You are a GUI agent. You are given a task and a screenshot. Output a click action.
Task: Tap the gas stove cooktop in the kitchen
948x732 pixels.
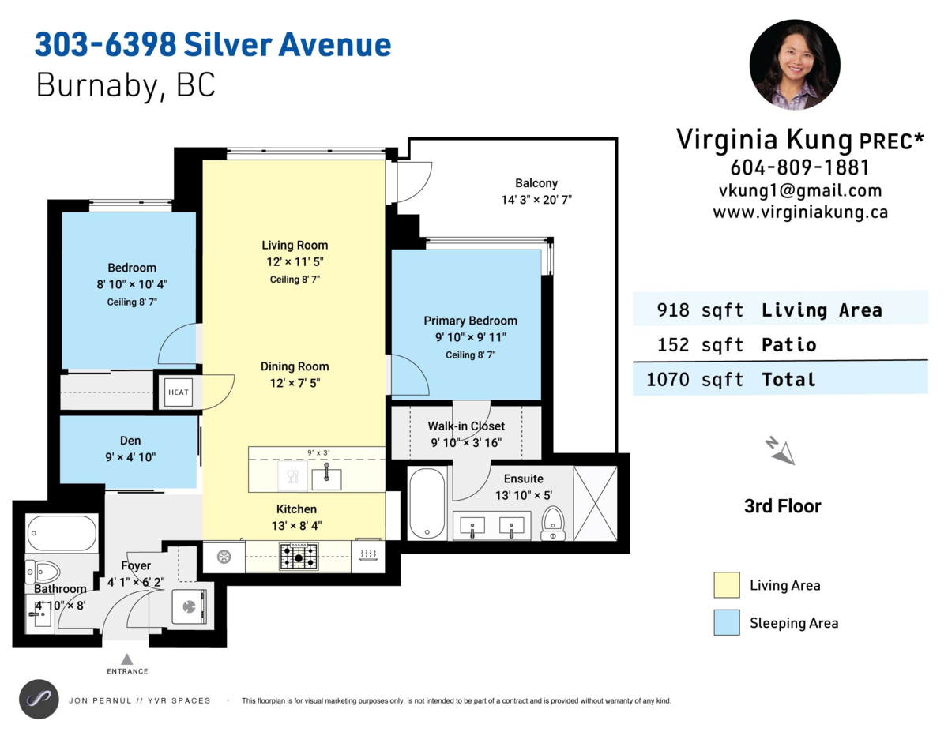point(299,556)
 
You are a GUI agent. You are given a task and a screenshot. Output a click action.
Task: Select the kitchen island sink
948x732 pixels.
point(325,478)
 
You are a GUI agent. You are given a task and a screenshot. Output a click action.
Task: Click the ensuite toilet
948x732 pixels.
point(553,524)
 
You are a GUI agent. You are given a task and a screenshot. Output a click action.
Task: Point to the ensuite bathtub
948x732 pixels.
point(427,503)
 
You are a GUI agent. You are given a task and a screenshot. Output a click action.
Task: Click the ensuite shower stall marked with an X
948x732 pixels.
point(596,503)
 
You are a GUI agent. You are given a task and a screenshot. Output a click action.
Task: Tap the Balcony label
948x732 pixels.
point(536,183)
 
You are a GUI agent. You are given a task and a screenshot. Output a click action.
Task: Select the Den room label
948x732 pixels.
point(130,441)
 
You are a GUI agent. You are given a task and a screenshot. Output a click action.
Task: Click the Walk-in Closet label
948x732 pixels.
point(466,426)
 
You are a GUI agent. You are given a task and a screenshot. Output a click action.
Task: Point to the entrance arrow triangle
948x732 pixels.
point(127,659)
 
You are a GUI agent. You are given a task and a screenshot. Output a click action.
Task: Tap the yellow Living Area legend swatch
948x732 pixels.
point(726,585)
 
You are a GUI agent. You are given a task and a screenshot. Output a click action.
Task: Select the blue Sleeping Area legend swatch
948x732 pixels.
point(726,623)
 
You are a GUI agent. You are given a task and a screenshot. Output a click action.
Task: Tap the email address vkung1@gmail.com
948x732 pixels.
point(799,190)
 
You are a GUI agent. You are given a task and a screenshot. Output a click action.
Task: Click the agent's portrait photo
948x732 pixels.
point(794,65)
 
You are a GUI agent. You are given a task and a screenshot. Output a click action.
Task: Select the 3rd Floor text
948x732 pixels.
point(782,507)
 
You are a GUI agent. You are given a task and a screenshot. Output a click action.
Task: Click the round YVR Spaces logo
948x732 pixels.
point(39,699)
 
